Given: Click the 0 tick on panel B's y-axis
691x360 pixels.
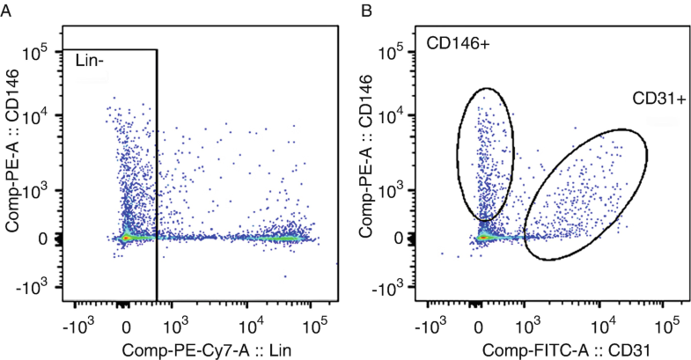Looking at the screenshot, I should (x=401, y=238).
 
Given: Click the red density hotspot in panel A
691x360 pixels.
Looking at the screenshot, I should (x=127, y=238).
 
